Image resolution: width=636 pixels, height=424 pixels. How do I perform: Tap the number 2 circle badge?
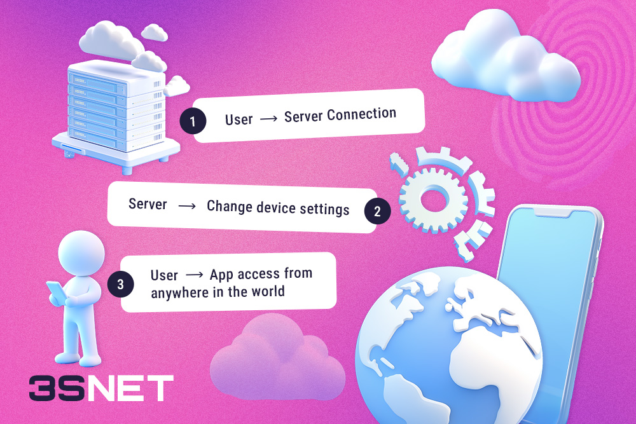click(x=377, y=212)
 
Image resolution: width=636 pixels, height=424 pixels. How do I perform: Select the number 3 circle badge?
click(x=121, y=284)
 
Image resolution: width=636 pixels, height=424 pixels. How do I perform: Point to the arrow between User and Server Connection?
click(x=268, y=119)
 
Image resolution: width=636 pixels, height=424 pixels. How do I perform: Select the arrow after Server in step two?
click(x=187, y=206)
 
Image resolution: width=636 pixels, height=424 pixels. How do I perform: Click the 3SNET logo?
click(x=101, y=388)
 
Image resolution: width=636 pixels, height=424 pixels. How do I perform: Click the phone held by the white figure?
click(x=55, y=292)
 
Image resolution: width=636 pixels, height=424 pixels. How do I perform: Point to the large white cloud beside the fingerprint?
click(x=502, y=60)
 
